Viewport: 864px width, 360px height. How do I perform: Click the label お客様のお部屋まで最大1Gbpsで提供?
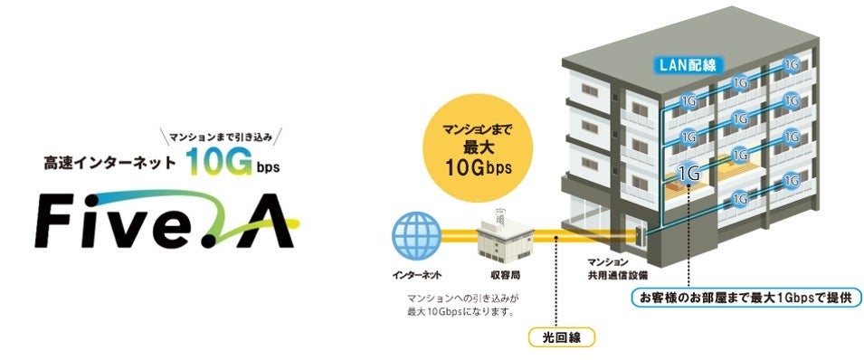[x=744, y=298]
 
